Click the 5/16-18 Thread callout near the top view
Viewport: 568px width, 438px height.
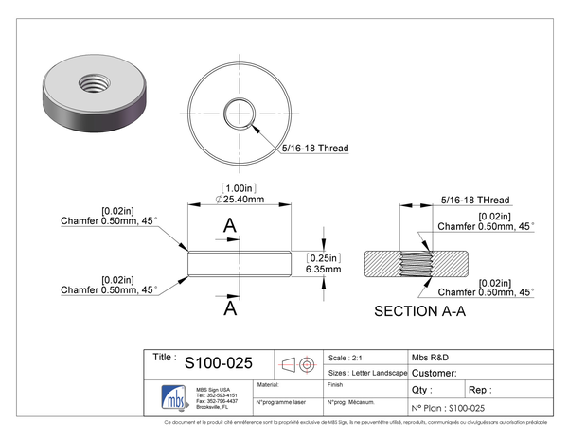pos(315,149)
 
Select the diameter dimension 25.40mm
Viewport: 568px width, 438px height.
pos(240,200)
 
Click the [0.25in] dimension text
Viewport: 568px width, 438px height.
pos(323,257)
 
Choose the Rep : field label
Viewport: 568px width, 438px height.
pos(480,390)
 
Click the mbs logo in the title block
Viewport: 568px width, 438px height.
pos(171,395)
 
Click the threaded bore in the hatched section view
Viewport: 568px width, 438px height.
pos(417,263)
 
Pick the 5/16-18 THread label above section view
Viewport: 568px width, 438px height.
pos(475,201)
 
